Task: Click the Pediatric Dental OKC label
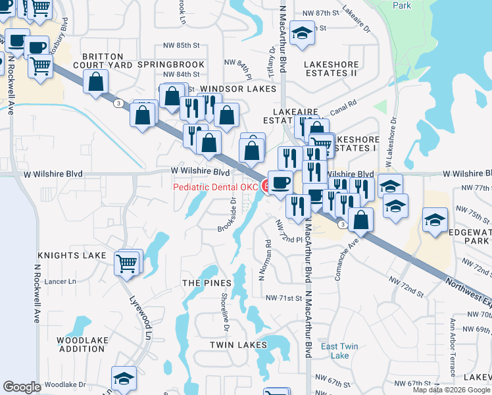coord(216,187)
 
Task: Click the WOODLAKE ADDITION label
coord(82,344)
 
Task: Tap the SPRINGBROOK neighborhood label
coord(170,65)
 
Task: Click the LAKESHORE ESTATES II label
coord(322,68)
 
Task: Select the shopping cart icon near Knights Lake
coord(128,263)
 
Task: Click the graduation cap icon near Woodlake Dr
coord(124,379)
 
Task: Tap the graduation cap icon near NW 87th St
coord(301,34)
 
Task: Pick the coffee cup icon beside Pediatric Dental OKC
coord(281,182)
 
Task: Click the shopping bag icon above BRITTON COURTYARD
coord(96,82)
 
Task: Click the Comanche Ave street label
coord(345,260)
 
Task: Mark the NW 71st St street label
coord(283,298)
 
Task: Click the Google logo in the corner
coord(22,387)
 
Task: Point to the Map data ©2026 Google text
coord(451,390)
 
